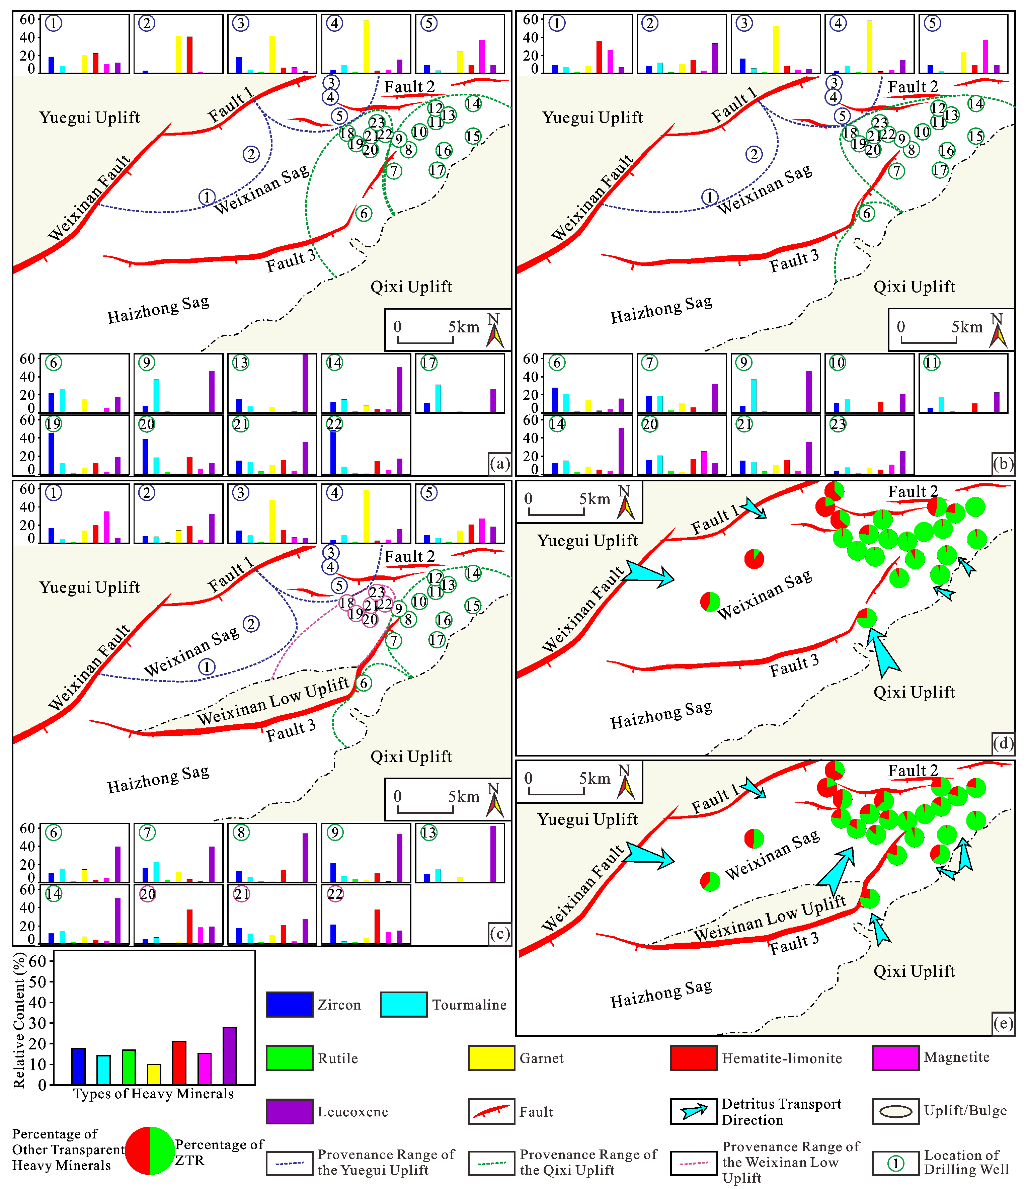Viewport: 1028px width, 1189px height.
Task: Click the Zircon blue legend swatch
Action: pos(289,1004)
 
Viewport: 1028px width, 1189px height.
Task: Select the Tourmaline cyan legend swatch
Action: pos(403,1004)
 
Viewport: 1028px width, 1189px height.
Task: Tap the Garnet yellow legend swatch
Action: pos(491,1057)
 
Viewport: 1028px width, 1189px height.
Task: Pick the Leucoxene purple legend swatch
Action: pos(289,1112)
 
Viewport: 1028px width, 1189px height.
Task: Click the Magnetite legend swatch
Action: pos(895,1057)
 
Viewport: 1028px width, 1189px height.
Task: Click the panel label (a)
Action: pos(500,463)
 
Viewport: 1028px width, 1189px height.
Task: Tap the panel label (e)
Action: pos(1003,1023)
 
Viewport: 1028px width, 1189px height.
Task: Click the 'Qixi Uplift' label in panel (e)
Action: pos(914,971)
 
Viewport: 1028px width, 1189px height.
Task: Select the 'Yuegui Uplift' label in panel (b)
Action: pos(592,117)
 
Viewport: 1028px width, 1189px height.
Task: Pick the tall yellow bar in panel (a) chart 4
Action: pos(366,47)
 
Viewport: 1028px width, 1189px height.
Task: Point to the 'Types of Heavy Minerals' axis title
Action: pos(154,1094)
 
